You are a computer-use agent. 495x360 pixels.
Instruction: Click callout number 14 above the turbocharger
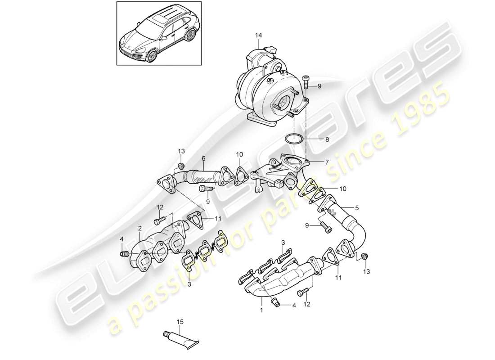click(x=258, y=35)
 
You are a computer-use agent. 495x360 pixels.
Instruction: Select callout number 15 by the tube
click(x=180, y=322)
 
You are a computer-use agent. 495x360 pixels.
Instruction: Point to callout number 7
click(x=327, y=161)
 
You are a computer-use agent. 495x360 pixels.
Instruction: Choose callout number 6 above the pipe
click(x=203, y=158)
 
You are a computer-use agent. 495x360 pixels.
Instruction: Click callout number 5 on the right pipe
click(x=357, y=208)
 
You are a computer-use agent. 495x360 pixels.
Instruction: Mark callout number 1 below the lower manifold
click(x=261, y=310)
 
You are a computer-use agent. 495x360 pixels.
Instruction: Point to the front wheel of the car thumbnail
click(x=152, y=56)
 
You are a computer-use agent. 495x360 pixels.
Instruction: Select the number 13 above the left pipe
click(x=181, y=150)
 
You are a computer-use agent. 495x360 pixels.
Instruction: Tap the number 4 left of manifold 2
click(x=121, y=239)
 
